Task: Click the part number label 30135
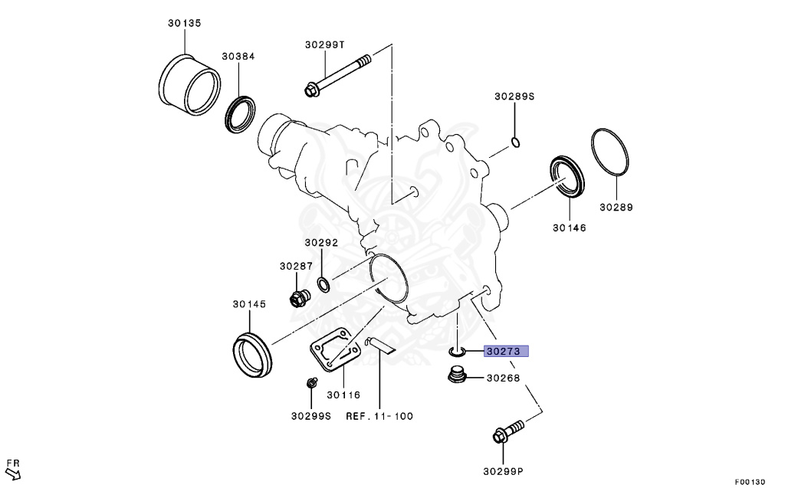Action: coord(185,24)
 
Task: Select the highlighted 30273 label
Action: coord(506,352)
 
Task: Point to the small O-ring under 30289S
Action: coord(516,142)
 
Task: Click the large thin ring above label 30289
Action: coord(611,162)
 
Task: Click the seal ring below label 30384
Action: coord(241,112)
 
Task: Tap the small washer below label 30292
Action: coord(324,285)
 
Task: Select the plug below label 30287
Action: coord(298,296)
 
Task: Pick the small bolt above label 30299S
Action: coord(311,382)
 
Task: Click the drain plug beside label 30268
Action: coord(456,376)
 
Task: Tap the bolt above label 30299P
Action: coord(506,431)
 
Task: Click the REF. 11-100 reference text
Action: coord(379,416)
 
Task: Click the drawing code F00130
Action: coord(750,482)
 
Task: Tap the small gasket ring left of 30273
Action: coord(456,352)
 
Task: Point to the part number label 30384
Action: coord(238,57)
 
